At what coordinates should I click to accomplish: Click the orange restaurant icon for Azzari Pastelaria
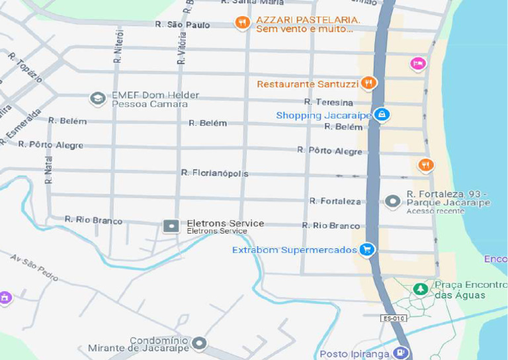pos(242,23)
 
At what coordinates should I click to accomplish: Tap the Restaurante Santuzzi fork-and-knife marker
pos(369,83)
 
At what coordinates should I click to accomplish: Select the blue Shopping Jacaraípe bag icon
pos(381,114)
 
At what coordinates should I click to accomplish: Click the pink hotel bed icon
pos(418,64)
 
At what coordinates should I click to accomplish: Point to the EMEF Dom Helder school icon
pos(98,99)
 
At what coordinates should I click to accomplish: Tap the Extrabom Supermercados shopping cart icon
pos(367,249)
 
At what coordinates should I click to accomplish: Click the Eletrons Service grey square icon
pos(171,226)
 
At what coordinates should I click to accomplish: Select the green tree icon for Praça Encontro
pos(420,289)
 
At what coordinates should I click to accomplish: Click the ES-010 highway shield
pos(392,319)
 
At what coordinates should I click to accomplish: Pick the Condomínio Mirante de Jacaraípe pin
pos(199,343)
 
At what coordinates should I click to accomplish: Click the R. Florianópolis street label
pos(215,173)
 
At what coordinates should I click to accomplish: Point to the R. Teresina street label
pos(329,102)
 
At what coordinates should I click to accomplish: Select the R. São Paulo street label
pos(182,24)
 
